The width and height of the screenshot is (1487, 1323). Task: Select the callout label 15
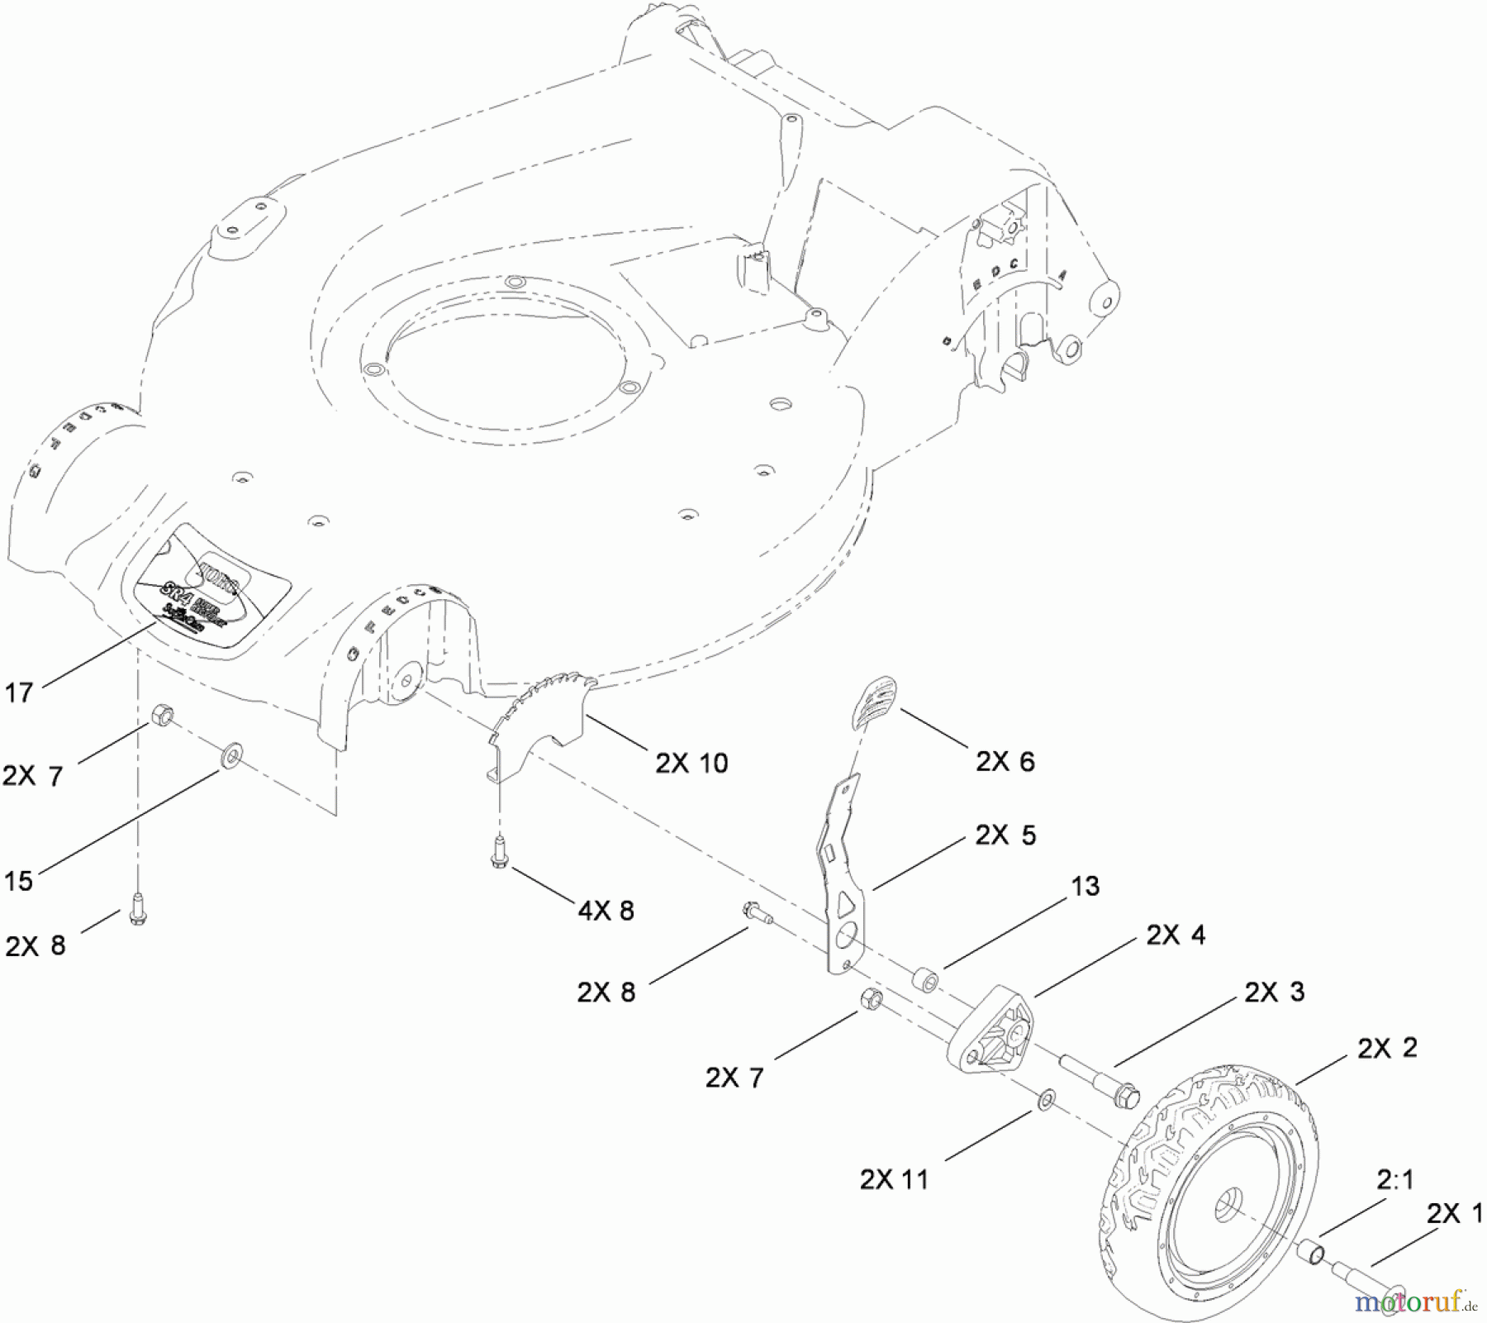click(x=18, y=880)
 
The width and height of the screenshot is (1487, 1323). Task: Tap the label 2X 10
click(x=691, y=763)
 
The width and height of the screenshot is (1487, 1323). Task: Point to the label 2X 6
click(x=1005, y=761)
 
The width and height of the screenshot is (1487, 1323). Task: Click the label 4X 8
click(x=606, y=911)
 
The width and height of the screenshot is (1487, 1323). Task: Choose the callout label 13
click(x=1085, y=886)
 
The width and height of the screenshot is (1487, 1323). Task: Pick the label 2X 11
click(x=894, y=1179)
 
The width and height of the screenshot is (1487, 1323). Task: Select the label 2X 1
click(x=1454, y=1214)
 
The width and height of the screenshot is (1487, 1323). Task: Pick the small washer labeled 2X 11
click(x=1047, y=1100)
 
